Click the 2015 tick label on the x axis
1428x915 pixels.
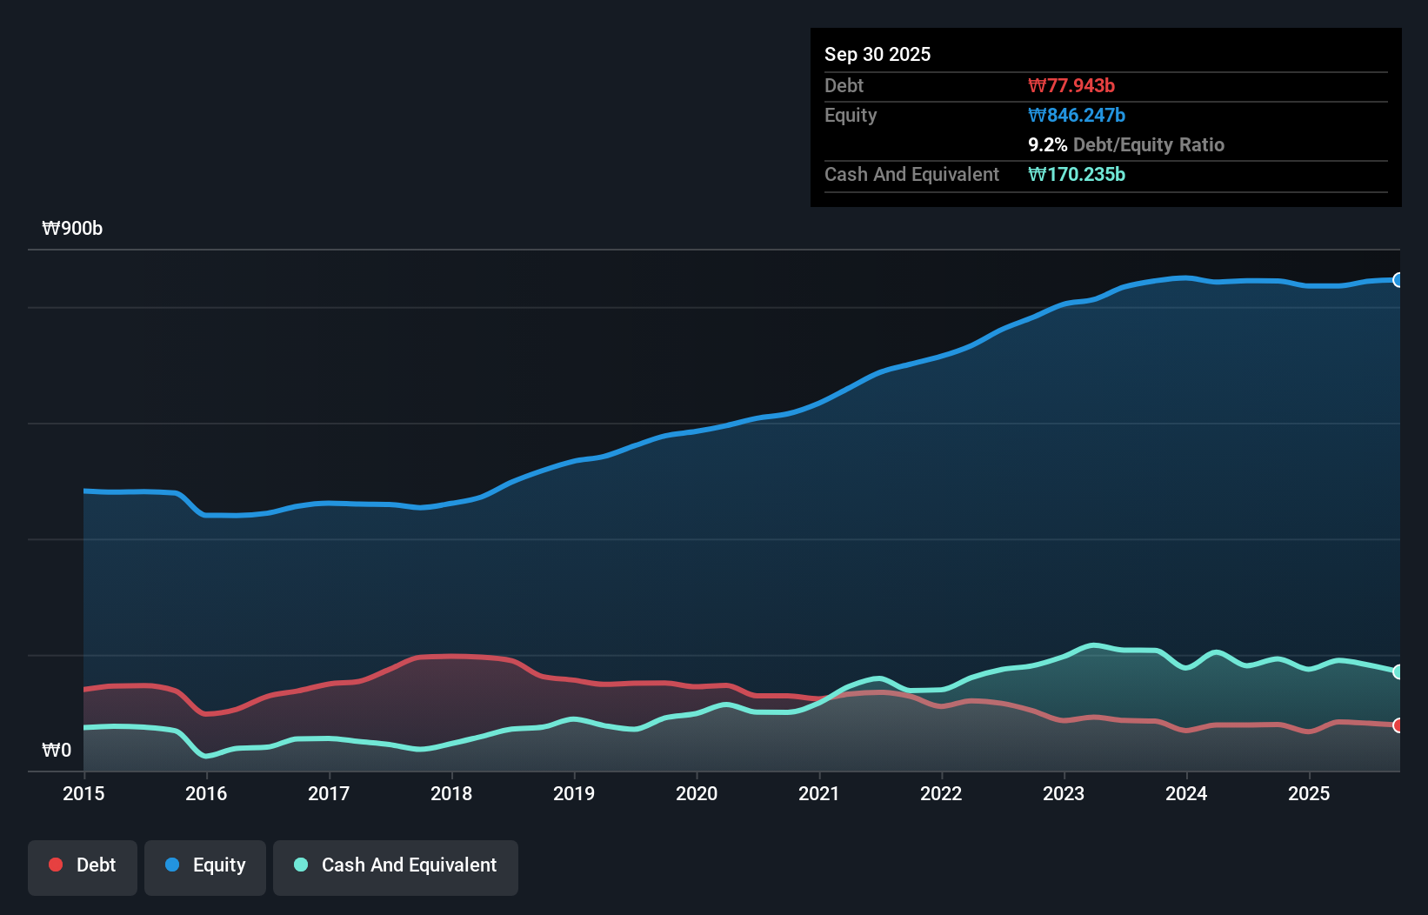83,793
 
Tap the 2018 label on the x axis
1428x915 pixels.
451,793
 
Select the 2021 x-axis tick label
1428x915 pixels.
819,793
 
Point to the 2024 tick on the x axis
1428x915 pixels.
1186,793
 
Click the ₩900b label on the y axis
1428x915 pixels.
72,228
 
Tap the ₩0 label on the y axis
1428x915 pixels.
57,750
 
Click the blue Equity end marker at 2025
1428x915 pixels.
1398,280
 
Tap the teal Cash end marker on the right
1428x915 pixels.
1398,671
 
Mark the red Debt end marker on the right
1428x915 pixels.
1398,725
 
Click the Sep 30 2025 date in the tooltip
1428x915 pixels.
877,54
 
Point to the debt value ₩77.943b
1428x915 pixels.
1071,85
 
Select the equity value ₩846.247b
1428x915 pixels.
1077,115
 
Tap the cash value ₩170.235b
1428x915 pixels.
1077,174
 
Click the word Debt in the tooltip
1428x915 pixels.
844,85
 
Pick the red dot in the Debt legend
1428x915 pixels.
56,865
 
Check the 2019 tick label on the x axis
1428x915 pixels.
574,793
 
